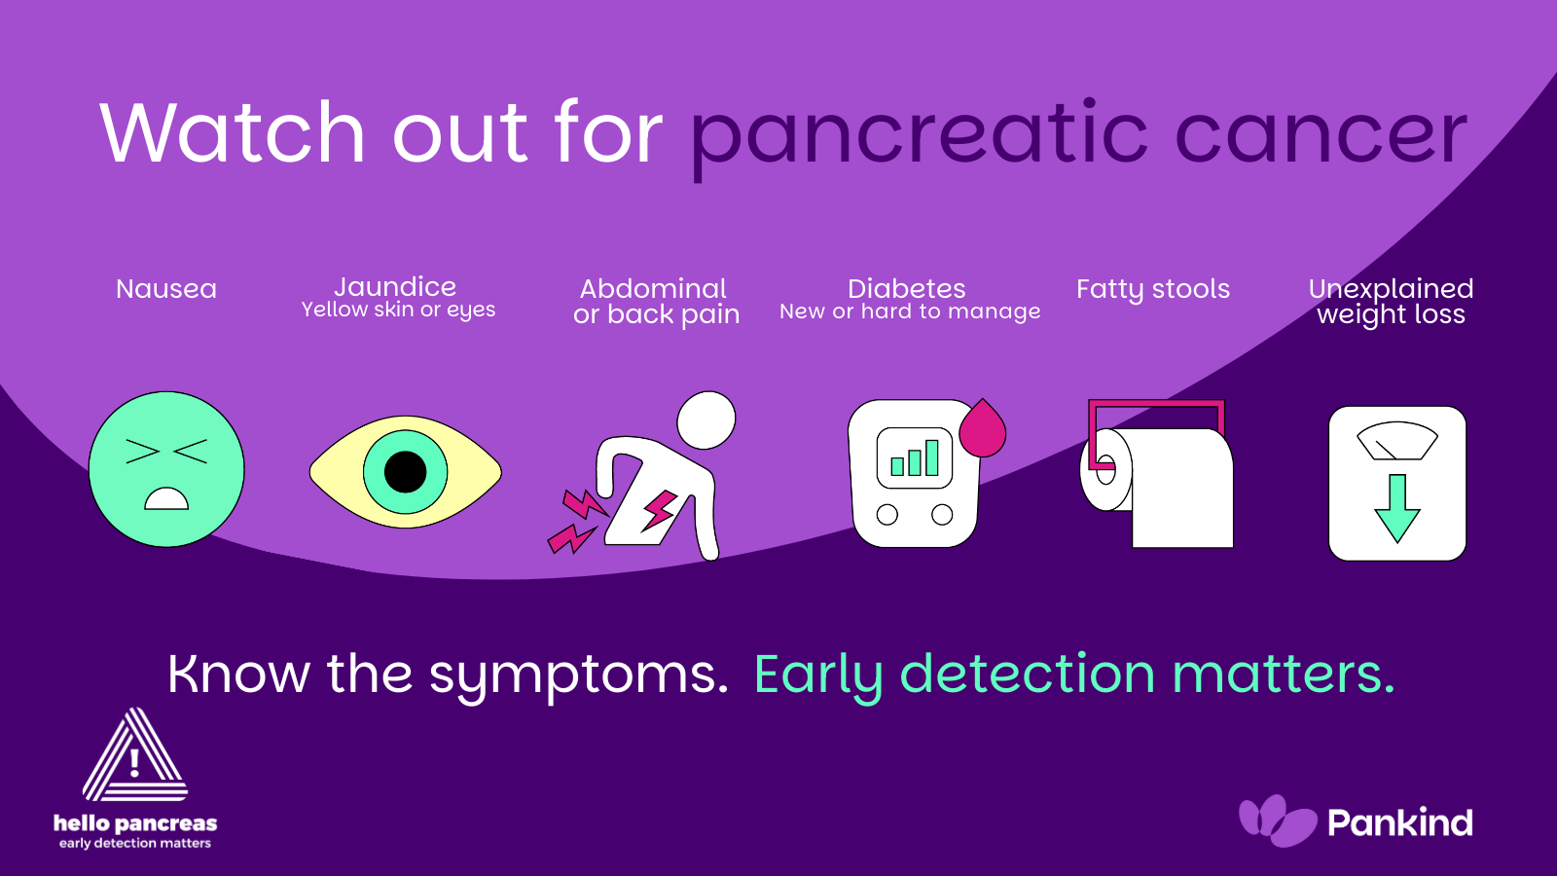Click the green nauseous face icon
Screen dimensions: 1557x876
click(166, 469)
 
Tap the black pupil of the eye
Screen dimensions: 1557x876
click(405, 472)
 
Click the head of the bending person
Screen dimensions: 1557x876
click(706, 420)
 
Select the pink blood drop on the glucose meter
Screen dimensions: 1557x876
click(983, 428)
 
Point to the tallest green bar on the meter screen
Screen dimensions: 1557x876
click(932, 457)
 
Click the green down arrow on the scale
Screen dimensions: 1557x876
click(1397, 508)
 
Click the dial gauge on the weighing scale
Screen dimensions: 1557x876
click(1397, 441)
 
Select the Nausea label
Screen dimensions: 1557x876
click(166, 288)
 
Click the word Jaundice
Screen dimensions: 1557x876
click(395, 286)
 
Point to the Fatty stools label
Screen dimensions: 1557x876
click(1153, 289)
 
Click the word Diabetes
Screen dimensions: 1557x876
click(906, 288)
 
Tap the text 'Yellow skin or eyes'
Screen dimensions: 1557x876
click(398, 310)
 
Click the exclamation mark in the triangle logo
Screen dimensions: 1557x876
click(135, 763)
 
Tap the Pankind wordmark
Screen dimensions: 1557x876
click(1400, 822)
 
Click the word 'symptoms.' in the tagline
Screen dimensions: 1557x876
click(578, 675)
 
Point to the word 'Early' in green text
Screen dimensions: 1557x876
click(818, 675)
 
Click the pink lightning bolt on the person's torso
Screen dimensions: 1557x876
click(658, 511)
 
